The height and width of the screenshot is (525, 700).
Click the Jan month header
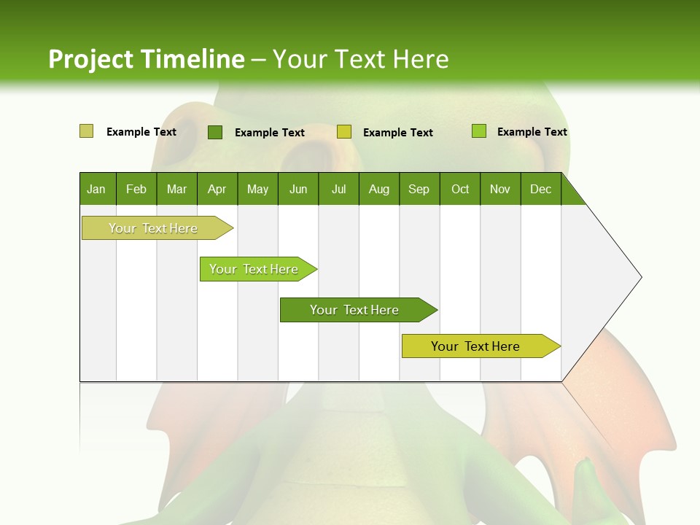97,189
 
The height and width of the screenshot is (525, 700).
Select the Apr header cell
217,189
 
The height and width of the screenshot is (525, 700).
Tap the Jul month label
338,189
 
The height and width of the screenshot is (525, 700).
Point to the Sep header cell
419,189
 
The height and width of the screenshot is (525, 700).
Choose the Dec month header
540,189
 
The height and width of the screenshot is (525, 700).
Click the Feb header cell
136,189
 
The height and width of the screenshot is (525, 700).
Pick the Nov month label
500,189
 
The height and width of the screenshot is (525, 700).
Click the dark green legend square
215,132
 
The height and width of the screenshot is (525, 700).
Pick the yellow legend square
344,132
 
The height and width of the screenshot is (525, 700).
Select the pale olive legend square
87,131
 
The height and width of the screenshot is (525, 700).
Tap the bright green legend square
479,131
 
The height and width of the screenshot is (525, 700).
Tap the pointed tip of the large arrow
639,277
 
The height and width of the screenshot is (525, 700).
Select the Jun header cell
298,189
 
